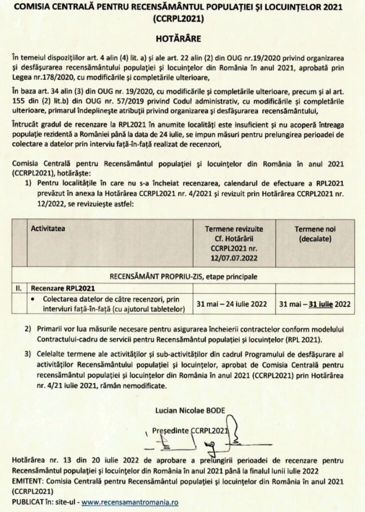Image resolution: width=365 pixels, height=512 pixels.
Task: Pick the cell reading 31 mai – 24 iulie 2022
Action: (x=234, y=303)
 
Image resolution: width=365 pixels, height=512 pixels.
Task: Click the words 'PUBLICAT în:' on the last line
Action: (x=32, y=501)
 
